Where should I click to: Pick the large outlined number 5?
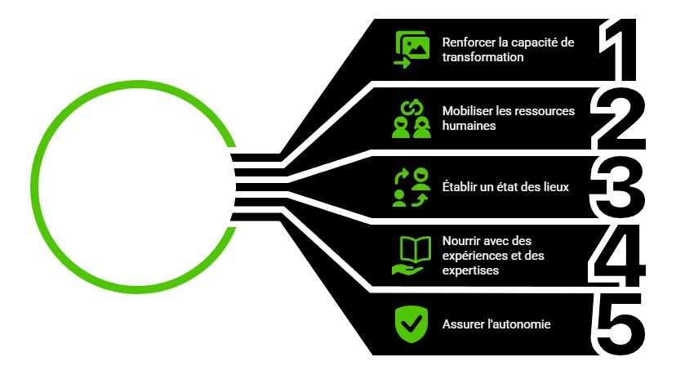coord(622,324)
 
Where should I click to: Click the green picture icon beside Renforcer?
coord(411,50)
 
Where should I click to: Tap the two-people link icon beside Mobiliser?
coord(411,118)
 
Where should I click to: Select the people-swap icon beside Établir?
coord(411,187)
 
